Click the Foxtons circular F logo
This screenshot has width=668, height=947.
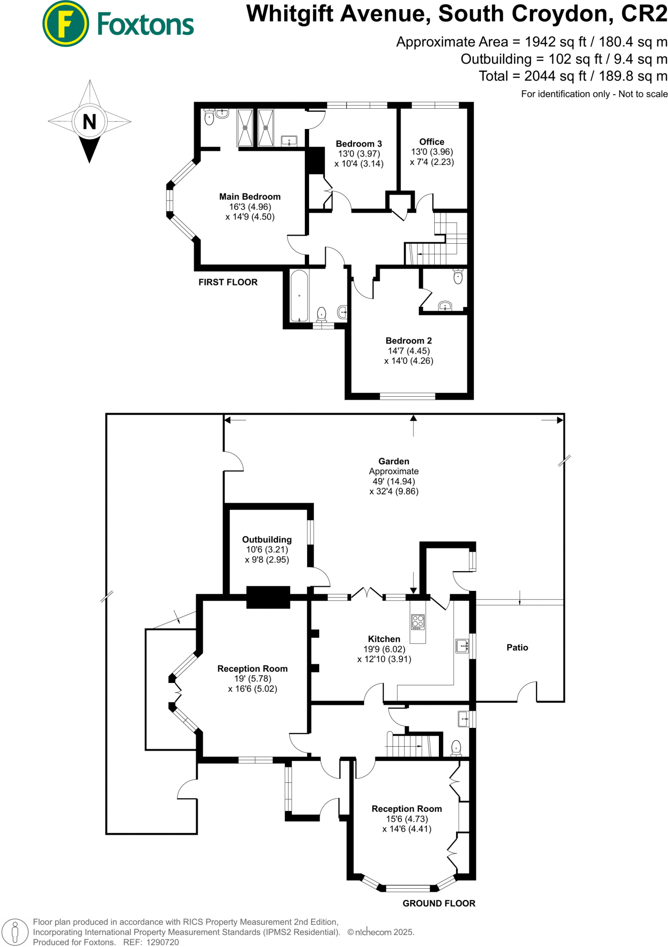65,24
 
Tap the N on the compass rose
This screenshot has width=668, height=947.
89,122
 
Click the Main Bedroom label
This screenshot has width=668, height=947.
249,197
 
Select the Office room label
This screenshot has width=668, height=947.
431,142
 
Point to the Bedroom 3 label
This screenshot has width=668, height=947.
358,144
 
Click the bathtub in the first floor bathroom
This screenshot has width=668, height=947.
299,296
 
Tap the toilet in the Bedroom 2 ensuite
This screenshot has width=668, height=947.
458,277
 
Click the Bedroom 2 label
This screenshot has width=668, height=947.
408,341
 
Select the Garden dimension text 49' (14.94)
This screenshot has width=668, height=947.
394,481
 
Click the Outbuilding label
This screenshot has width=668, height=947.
267,540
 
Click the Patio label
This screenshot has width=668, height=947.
517,647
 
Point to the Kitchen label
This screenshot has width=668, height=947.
384,639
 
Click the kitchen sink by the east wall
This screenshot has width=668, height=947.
462,646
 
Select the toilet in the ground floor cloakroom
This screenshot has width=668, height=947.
456,747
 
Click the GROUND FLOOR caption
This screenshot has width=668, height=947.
438,903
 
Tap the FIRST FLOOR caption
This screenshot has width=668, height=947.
228,282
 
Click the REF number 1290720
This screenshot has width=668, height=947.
162,942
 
